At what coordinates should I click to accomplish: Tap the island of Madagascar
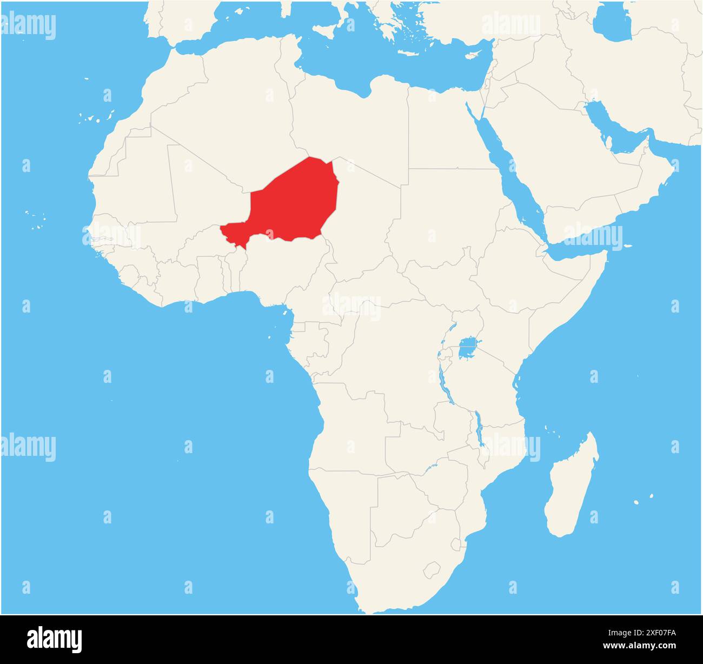coord(571,487)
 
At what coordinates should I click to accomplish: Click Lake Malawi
coord(478,427)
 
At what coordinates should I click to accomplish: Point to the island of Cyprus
coord(474,55)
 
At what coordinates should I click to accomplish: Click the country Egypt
coord(443,130)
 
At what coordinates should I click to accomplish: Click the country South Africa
coord(400,573)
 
